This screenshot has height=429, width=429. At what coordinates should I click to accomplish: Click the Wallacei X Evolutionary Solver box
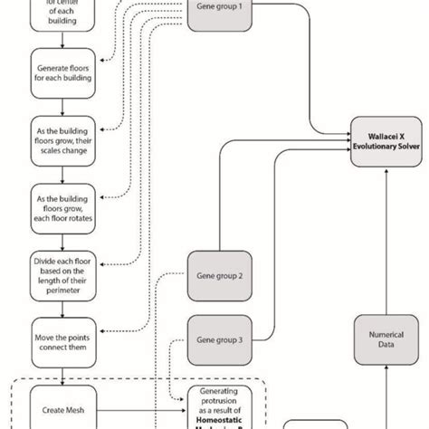coord(386,139)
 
